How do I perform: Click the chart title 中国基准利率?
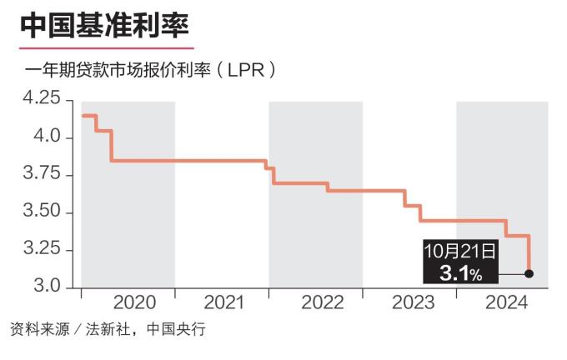point(104,24)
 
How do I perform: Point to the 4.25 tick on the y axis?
point(43,99)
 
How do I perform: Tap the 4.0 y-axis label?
point(48,137)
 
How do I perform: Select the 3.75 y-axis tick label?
point(43,174)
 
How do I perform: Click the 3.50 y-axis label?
point(43,212)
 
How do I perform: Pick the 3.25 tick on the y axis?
point(43,249)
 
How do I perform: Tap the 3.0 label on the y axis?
point(48,287)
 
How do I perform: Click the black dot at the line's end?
point(529,273)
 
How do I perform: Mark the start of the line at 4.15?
point(82,115)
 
